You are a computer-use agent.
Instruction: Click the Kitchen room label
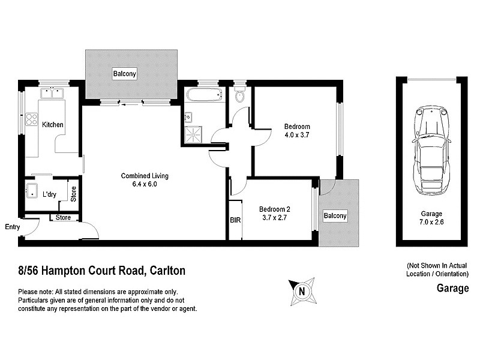(53, 125)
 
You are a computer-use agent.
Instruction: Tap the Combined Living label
(145, 176)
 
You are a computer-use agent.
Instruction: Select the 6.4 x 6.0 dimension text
(145, 184)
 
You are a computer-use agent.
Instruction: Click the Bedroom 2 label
(275, 209)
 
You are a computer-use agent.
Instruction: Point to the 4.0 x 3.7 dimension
(297, 135)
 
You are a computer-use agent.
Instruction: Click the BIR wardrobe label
(235, 220)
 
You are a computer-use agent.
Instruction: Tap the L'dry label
(49, 194)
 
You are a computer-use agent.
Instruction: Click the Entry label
(13, 227)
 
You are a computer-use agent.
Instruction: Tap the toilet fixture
(240, 96)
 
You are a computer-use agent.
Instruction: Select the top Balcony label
(125, 74)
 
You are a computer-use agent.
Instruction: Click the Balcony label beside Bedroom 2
(335, 217)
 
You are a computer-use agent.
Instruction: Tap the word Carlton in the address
(167, 271)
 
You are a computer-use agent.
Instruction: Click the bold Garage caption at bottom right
(452, 289)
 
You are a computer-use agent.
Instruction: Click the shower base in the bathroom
(193, 134)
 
